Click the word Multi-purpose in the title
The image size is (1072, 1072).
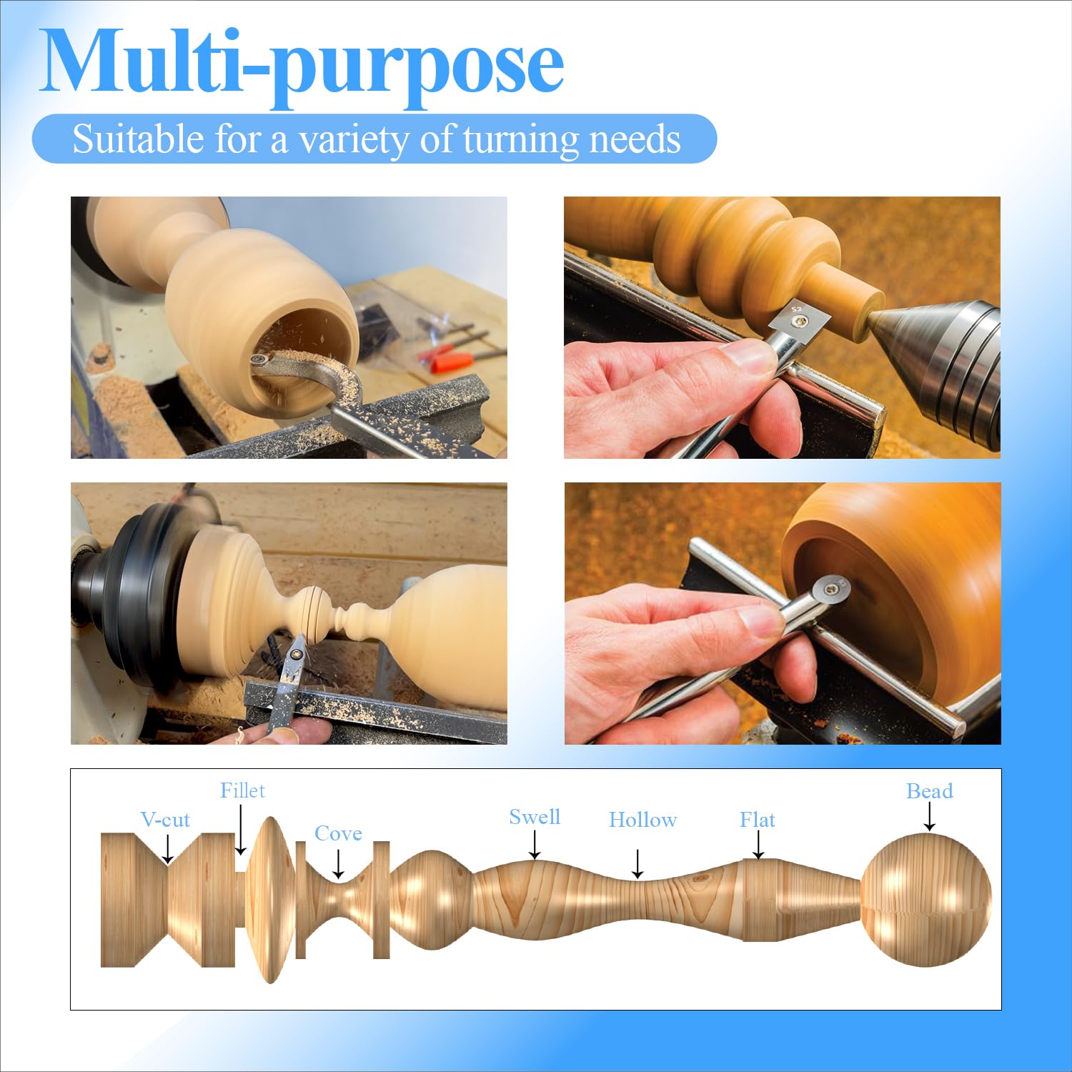(x=302, y=66)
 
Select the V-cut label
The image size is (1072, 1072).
(x=165, y=820)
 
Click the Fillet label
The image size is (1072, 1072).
(x=242, y=790)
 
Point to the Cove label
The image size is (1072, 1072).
(x=338, y=833)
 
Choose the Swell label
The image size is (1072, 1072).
(x=535, y=817)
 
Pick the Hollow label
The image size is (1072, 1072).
(x=642, y=820)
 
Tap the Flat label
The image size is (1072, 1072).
(x=758, y=820)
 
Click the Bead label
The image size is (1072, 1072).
(x=929, y=791)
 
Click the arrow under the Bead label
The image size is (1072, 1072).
(x=929, y=816)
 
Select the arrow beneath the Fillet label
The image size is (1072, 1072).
(x=241, y=830)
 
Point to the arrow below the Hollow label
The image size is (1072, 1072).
(x=637, y=864)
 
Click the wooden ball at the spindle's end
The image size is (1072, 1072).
(x=926, y=899)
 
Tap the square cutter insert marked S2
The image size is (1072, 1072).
(x=798, y=319)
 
